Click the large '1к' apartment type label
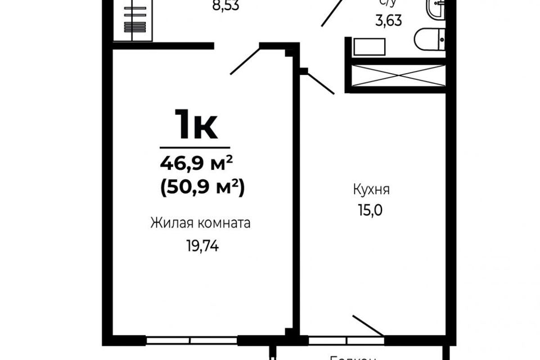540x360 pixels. coord(195,124)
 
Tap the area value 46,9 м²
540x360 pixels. coord(196,164)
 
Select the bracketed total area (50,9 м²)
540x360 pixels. coord(202,188)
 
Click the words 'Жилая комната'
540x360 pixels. coord(200,223)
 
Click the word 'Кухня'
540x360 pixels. coord(371,190)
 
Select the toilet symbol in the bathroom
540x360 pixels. coord(429,39)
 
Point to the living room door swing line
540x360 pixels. coord(245,61)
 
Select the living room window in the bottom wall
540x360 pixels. coord(191,340)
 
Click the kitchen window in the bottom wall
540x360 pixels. coord(346,340)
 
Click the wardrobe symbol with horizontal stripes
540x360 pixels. coord(133,20)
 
